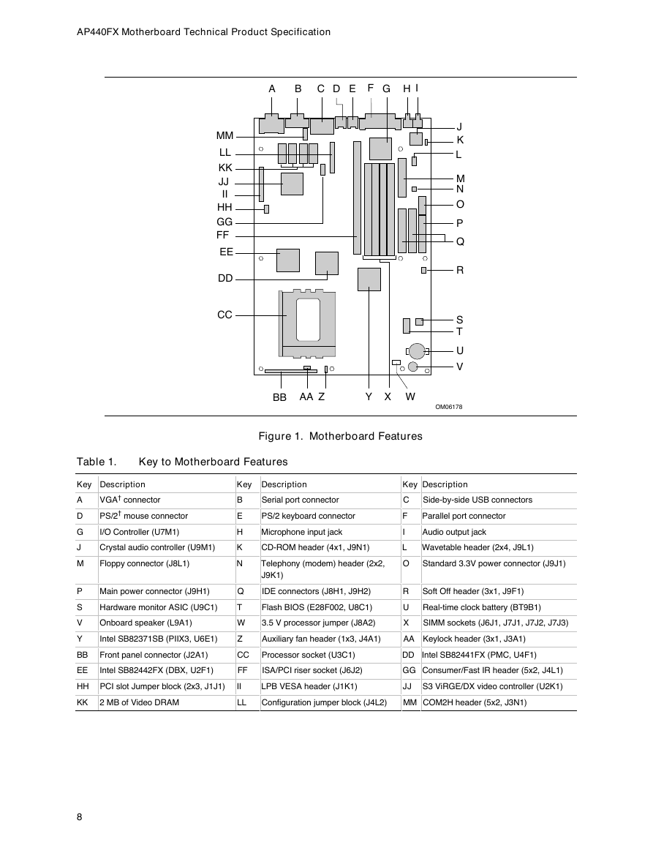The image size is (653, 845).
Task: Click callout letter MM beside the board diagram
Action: pos(224,136)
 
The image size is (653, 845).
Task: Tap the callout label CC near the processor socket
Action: pos(224,315)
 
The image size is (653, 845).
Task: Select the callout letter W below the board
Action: pos(410,397)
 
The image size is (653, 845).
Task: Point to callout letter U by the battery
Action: pos(459,351)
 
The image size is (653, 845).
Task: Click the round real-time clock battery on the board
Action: pos(417,351)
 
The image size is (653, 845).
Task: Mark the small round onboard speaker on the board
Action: pos(413,367)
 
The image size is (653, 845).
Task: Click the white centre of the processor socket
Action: pos(308,319)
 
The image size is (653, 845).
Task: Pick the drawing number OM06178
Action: pos(449,407)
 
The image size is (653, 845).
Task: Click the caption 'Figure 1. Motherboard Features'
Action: pos(341,436)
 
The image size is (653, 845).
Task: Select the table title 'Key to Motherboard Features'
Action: pos(214,462)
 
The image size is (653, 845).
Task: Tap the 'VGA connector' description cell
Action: pos(130,500)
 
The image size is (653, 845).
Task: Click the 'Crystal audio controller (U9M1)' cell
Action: pos(157,547)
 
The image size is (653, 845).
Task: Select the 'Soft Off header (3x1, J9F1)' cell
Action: pos(473,591)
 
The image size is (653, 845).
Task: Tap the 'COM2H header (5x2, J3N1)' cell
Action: pos(475,702)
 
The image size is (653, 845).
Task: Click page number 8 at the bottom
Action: pos(79,817)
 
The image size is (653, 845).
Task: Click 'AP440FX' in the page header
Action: pos(97,31)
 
